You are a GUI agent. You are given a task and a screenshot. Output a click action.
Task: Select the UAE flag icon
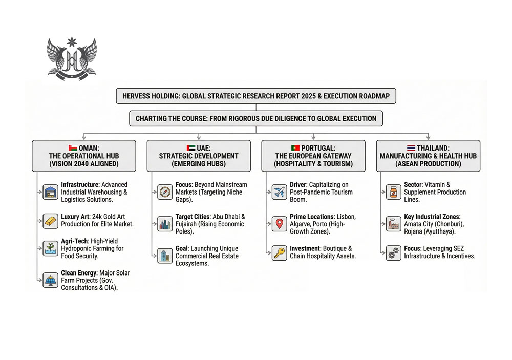[191, 147]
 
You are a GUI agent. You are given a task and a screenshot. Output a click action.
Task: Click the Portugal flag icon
[295, 147]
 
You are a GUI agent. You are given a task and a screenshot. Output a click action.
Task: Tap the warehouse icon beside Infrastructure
[51, 192]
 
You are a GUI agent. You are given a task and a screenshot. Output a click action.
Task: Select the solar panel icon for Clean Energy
[51, 280]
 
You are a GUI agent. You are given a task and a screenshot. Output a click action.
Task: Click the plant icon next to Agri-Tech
[51, 248]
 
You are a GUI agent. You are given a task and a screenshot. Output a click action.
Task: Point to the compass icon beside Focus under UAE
[165, 192]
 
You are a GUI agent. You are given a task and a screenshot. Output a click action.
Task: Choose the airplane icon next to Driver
[279, 192]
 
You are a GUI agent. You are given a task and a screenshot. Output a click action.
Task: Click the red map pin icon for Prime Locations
[279, 224]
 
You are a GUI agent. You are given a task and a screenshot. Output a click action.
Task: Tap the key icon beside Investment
[279, 252]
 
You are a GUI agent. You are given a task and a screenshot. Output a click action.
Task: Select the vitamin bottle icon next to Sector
[393, 192]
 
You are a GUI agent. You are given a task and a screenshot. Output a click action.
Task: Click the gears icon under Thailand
[393, 252]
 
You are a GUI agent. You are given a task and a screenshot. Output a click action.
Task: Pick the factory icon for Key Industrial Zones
[393, 224]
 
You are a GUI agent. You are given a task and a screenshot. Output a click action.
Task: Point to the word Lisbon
[346, 217]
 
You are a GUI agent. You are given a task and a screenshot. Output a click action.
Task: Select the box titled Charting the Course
[255, 118]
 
